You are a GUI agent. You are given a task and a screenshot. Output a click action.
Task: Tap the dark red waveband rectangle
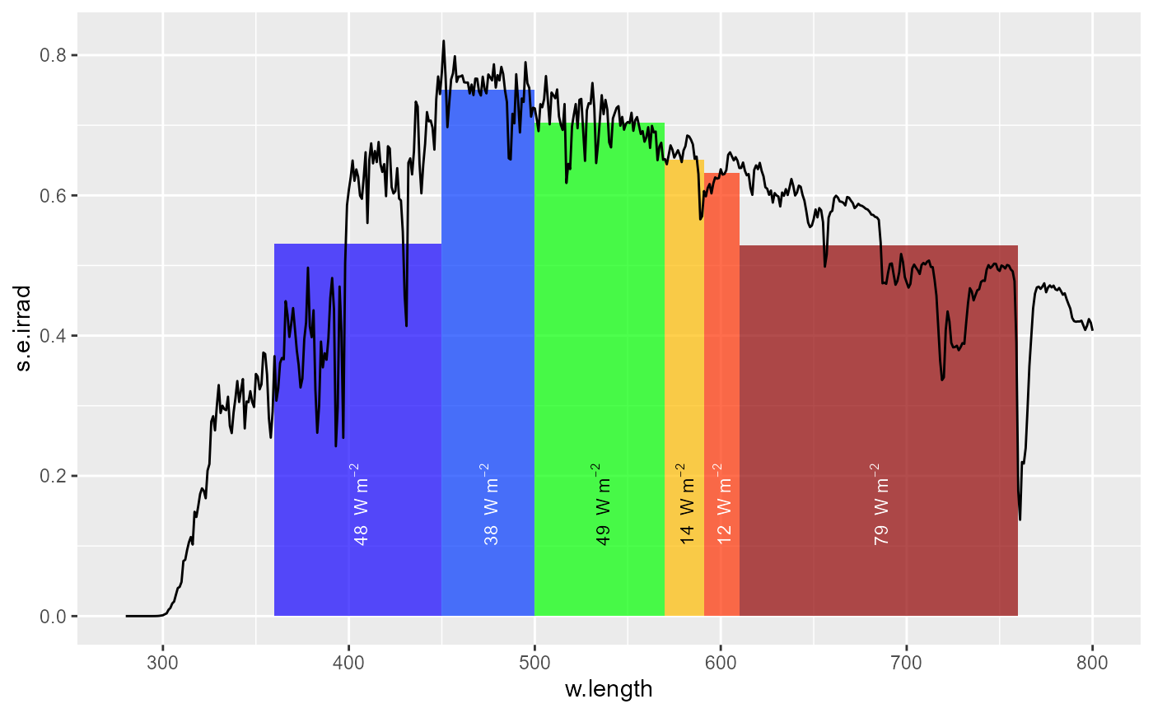coord(878,370)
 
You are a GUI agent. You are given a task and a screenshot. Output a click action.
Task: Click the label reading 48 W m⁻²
coord(359,504)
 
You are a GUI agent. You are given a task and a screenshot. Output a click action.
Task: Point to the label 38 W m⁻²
coord(490,504)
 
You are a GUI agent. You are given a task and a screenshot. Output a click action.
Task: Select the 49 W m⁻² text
coord(602,504)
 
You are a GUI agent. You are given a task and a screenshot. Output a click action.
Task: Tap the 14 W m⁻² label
coord(686,504)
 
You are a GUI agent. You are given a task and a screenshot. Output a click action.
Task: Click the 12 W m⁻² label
coord(723,504)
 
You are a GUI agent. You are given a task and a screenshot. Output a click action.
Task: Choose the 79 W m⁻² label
coord(880,504)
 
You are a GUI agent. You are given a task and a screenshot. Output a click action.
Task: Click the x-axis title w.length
coord(609,689)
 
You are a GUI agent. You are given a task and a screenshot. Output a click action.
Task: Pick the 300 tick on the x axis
coord(162,662)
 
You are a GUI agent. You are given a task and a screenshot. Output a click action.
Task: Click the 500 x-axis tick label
coord(534,662)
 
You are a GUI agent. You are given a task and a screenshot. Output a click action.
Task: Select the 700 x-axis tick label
coord(907,662)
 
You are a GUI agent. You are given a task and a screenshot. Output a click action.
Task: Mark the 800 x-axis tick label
coord(1092,662)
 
